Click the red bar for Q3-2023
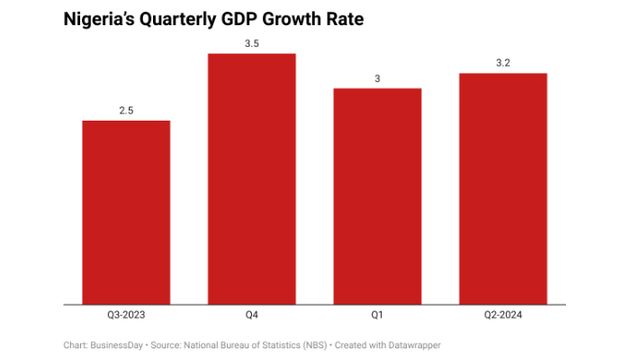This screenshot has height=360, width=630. (x=126, y=212)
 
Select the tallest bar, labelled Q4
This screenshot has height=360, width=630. (x=252, y=179)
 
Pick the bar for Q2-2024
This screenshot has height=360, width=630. (x=503, y=189)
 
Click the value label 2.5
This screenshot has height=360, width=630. (x=126, y=111)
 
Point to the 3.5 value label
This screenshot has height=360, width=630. (x=252, y=43)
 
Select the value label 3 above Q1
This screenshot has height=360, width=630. (x=377, y=78)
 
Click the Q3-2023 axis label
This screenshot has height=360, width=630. (x=126, y=315)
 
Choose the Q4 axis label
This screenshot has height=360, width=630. (x=252, y=315)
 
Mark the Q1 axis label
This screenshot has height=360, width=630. (x=377, y=315)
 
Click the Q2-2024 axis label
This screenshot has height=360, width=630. (x=503, y=315)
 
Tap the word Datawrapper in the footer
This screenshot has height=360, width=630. (x=414, y=345)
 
